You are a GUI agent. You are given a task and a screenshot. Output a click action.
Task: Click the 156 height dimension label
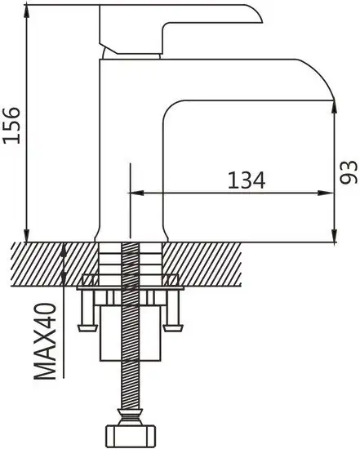[x=11, y=125]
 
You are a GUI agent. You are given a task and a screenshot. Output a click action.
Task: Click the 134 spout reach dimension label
[x=247, y=180]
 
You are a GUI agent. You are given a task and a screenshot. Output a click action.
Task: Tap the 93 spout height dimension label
[x=349, y=171]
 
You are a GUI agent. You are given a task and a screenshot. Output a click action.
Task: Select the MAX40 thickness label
[x=45, y=341]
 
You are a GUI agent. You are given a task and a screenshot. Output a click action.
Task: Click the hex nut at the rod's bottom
[x=131, y=436]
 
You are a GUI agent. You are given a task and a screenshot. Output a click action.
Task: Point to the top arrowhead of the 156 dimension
[x=27, y=11]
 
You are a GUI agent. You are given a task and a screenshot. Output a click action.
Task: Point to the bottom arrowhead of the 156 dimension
[x=27, y=235]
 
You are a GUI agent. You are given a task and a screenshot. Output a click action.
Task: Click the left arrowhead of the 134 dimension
[x=136, y=193]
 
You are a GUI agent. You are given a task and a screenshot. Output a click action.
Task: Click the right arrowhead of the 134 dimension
[x=327, y=193]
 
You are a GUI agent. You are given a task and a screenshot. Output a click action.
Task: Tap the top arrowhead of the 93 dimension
[x=334, y=107]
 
